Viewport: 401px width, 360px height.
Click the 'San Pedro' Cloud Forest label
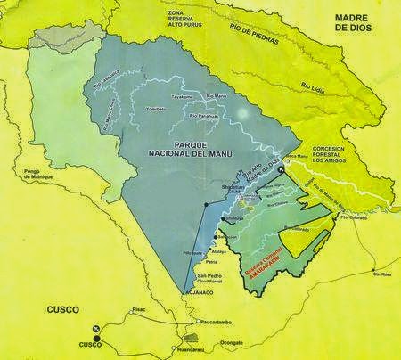point(208,278)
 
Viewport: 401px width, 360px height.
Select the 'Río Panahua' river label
point(206,115)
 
